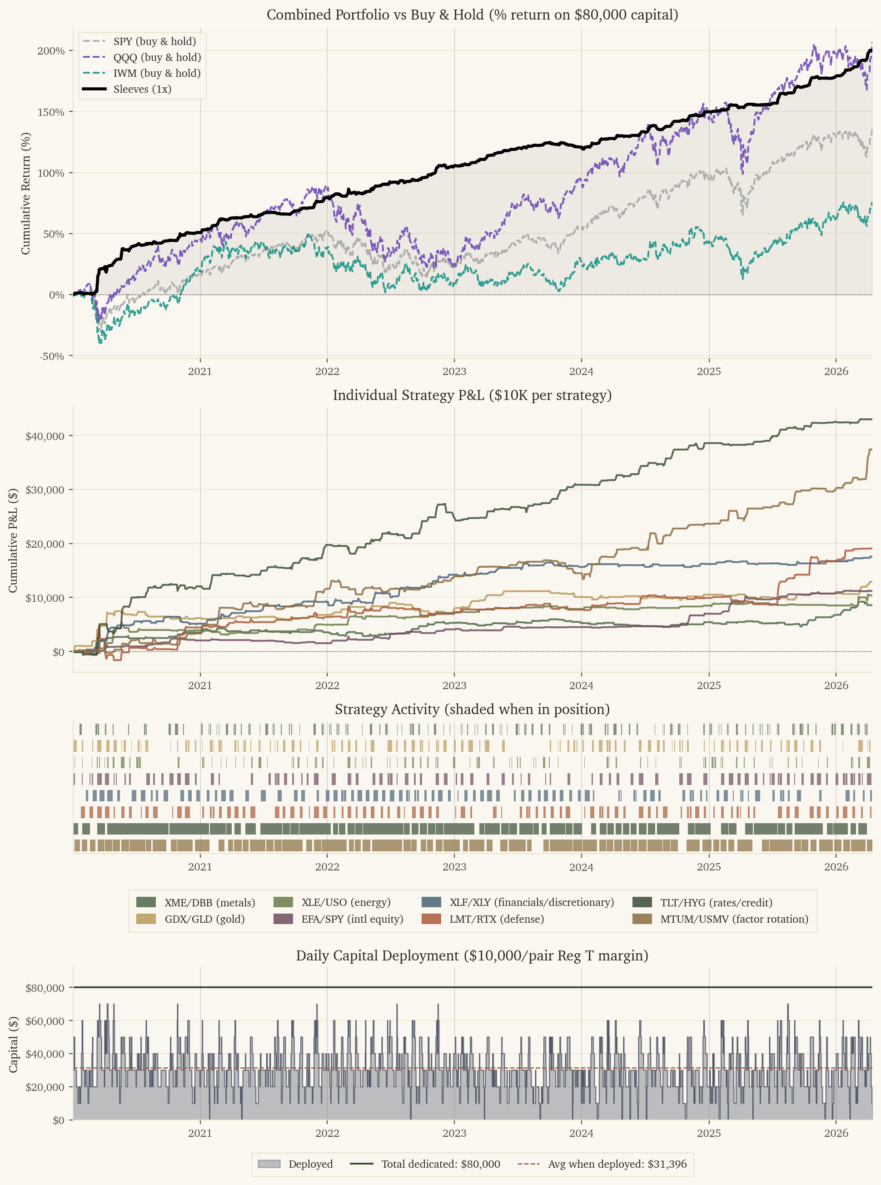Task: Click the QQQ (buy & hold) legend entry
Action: click(157, 57)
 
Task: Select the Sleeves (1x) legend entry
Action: click(142, 89)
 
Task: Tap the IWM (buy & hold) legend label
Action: click(157, 73)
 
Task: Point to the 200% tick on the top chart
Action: click(51, 51)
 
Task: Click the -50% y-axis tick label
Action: click(52, 356)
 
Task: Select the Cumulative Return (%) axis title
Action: click(25, 193)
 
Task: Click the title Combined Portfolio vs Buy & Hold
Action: click(472, 15)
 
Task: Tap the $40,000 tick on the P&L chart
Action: click(45, 436)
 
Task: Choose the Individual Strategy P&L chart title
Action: click(472, 395)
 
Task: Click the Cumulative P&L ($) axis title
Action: click(13, 540)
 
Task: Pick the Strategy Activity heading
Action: click(472, 709)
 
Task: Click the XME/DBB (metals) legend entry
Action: click(209, 902)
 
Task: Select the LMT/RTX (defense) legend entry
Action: click(496, 919)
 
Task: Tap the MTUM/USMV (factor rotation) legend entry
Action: click(734, 919)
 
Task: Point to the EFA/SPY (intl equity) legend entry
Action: click(352, 919)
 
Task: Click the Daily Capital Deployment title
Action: click(472, 955)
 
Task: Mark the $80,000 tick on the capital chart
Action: click(45, 988)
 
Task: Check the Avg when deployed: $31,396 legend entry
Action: click(617, 1164)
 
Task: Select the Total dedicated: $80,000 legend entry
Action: click(441, 1164)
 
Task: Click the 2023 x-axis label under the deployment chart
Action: click(454, 1133)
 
